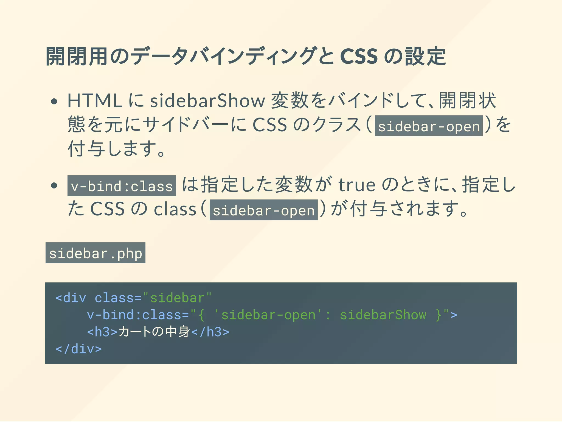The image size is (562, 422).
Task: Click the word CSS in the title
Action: coord(359,56)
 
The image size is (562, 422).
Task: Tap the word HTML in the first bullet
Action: coord(95,101)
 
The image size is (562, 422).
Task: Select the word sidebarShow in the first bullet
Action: coord(207,101)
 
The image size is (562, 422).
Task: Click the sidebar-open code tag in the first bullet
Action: coord(429,126)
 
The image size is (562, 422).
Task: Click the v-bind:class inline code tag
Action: coord(122,186)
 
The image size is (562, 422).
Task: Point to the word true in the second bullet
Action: coord(357,185)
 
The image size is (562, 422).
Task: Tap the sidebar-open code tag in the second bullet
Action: coord(263,210)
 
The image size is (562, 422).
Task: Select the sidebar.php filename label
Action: coord(95,253)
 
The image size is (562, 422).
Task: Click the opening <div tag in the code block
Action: coord(71,298)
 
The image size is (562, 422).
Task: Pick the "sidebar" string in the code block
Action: coord(178,298)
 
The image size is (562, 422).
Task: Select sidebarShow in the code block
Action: coord(383,315)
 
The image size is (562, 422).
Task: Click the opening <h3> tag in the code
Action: coord(102,332)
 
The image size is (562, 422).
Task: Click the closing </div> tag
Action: coord(78,349)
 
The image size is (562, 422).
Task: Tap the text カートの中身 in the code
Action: coord(154,332)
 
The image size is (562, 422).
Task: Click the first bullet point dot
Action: coord(54,101)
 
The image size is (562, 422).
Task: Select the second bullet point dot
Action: coord(54,185)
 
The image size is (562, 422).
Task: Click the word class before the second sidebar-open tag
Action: coord(175,210)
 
